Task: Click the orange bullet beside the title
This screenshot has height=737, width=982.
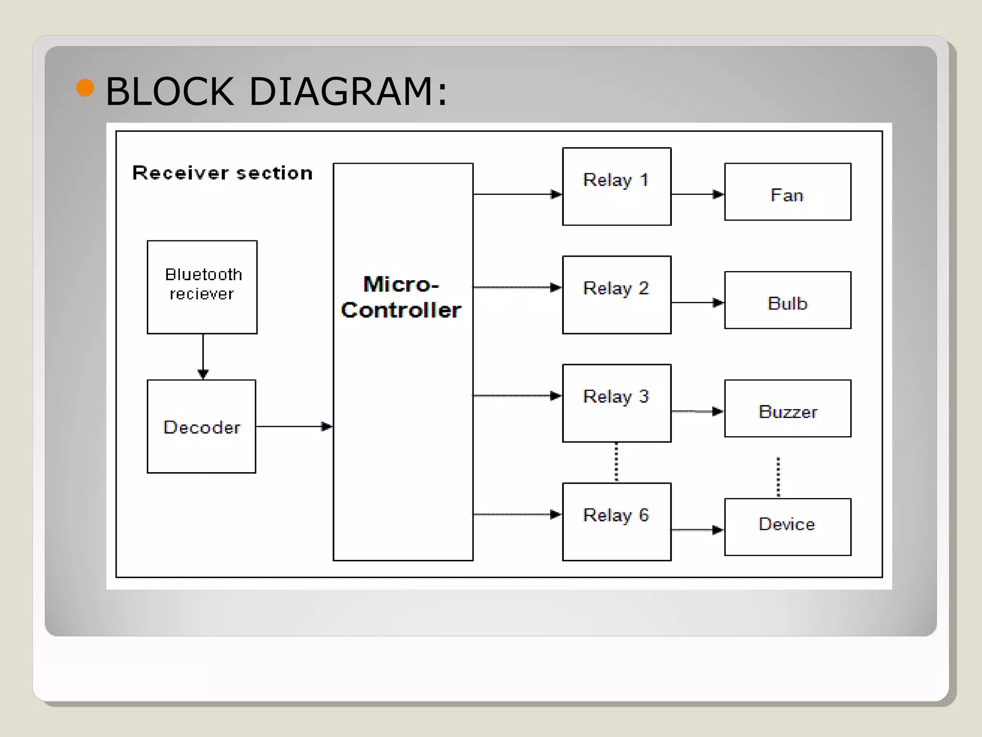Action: [85, 88]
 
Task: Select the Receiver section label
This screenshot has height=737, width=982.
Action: [222, 173]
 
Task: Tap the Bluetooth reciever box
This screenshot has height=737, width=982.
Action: [202, 287]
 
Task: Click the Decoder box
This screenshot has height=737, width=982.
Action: [201, 427]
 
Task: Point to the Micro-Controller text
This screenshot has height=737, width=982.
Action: [401, 297]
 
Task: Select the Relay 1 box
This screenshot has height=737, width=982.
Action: [617, 186]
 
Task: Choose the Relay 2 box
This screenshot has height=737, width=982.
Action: [617, 295]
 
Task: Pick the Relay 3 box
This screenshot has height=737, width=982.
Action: [617, 403]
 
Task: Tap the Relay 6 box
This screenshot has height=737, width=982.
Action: [617, 522]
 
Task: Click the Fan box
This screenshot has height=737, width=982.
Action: [787, 192]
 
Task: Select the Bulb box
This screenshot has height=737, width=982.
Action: [787, 300]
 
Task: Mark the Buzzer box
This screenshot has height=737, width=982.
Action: [787, 409]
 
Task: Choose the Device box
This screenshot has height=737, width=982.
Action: [787, 527]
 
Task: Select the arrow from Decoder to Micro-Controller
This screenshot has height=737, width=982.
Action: [293, 426]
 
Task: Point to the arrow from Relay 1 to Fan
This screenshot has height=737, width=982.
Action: [697, 194]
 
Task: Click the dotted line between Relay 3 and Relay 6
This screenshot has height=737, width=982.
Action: [617, 462]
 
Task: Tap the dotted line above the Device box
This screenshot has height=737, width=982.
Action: [778, 477]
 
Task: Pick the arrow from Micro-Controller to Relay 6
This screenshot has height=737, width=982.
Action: [517, 514]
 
